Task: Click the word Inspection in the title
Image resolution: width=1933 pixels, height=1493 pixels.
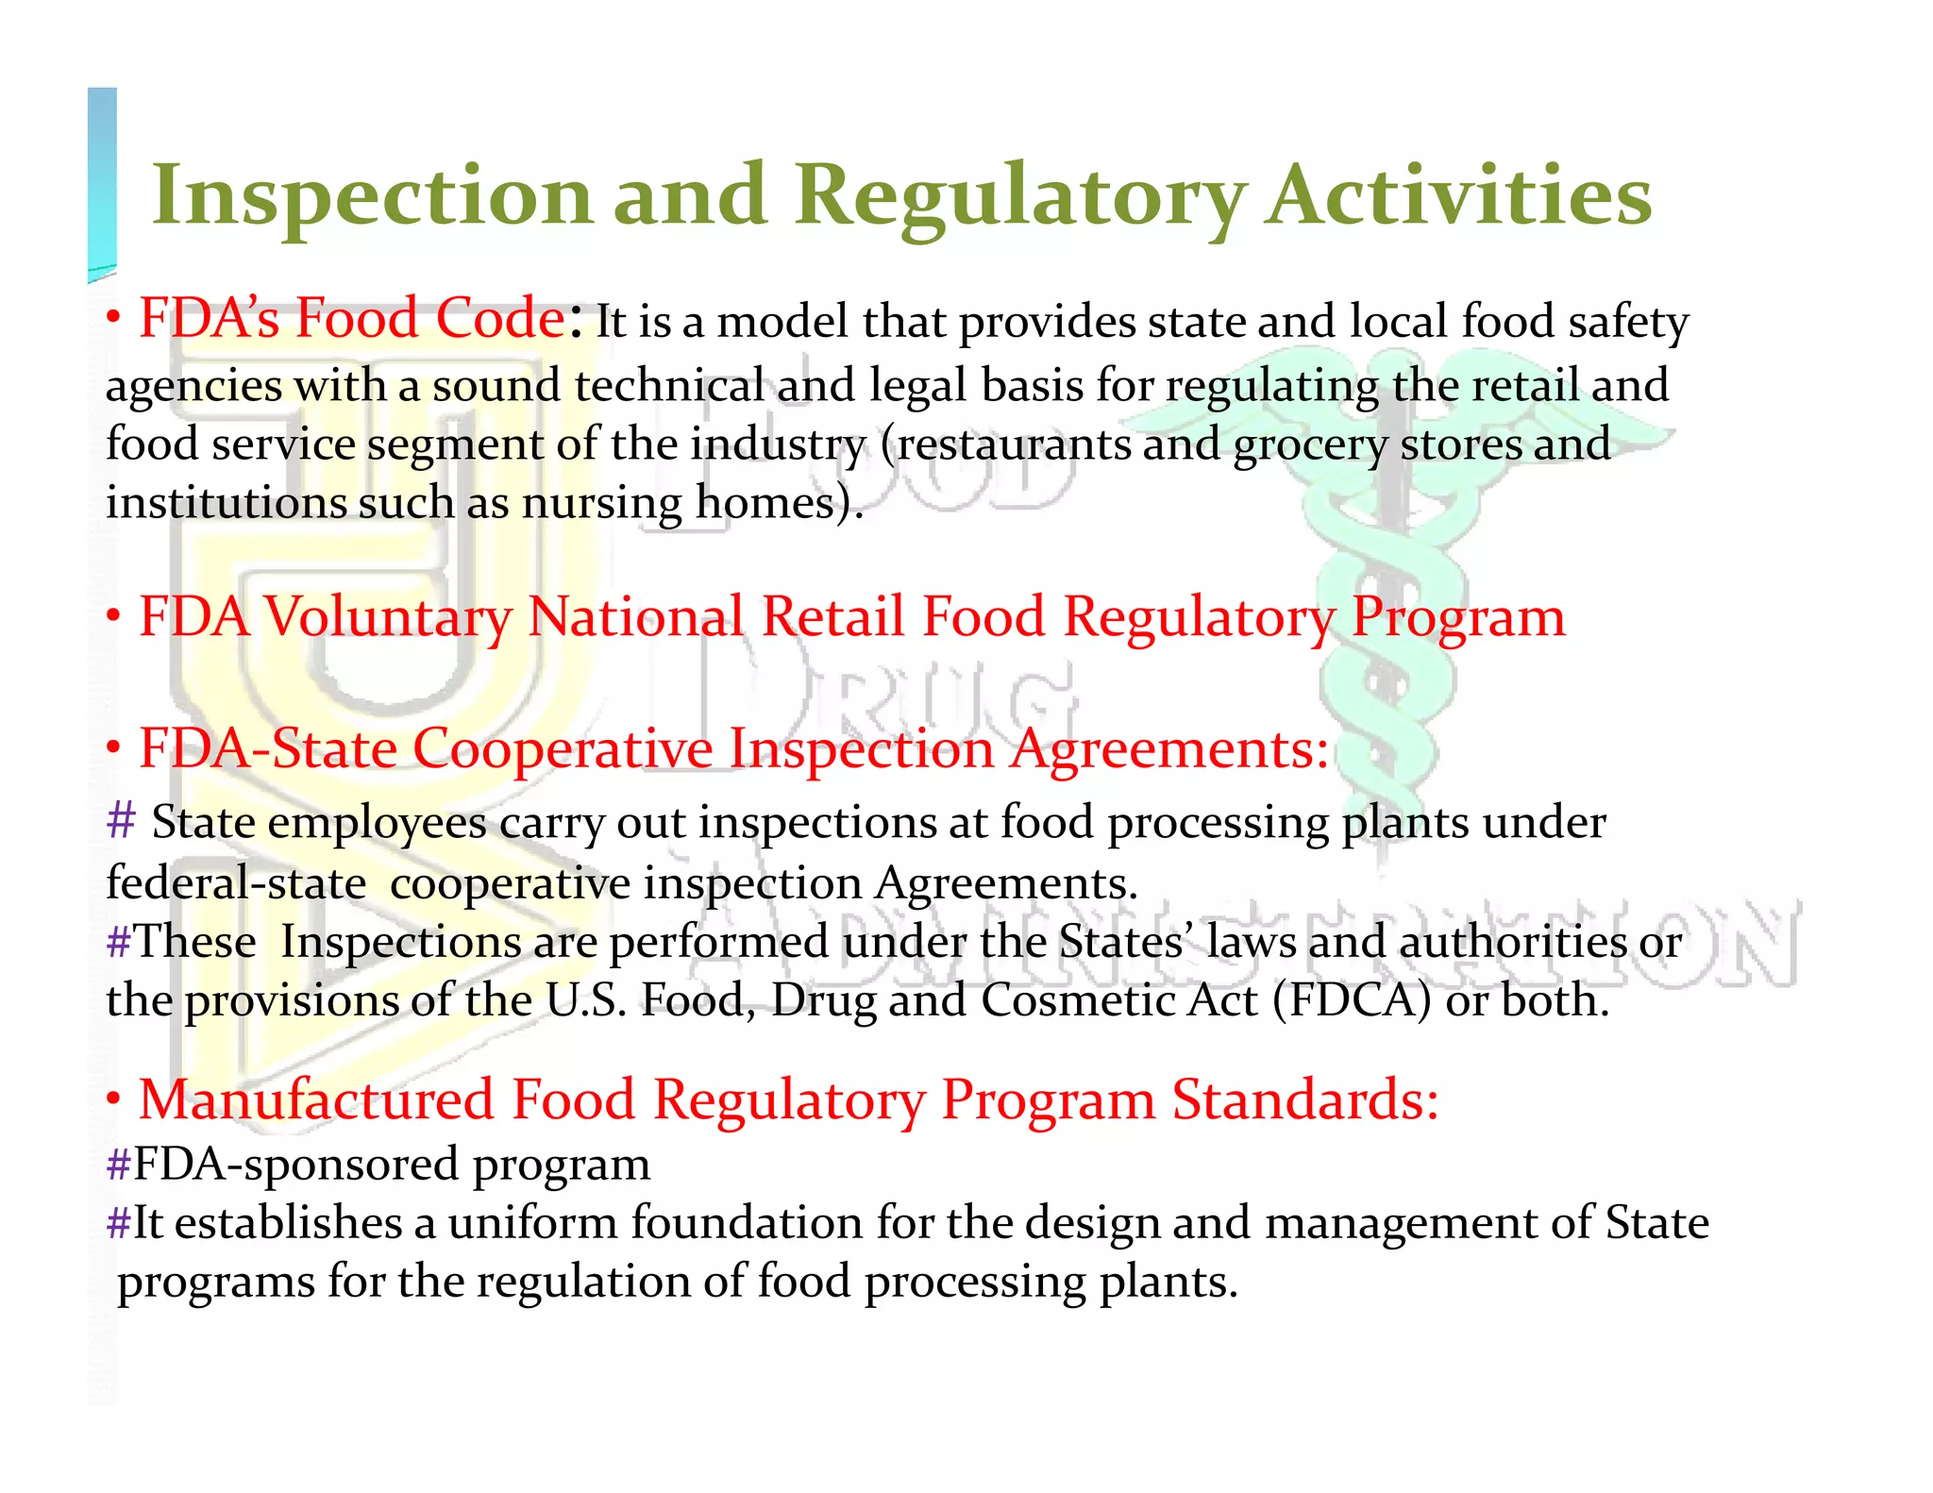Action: pos(373,196)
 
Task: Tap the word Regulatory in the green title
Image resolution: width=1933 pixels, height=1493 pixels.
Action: pos(1020,196)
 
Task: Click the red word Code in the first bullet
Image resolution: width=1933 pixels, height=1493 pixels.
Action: pos(499,318)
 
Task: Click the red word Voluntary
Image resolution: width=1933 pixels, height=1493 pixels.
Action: pos(387,617)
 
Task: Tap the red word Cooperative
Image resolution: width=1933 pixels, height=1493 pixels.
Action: pos(563,749)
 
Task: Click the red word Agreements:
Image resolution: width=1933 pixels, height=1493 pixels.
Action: pos(1169,749)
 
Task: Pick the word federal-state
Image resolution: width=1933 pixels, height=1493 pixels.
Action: pos(236,883)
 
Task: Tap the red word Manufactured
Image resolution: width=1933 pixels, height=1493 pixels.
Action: pos(316,1100)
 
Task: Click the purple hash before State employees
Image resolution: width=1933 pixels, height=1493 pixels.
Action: pos(122,820)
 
